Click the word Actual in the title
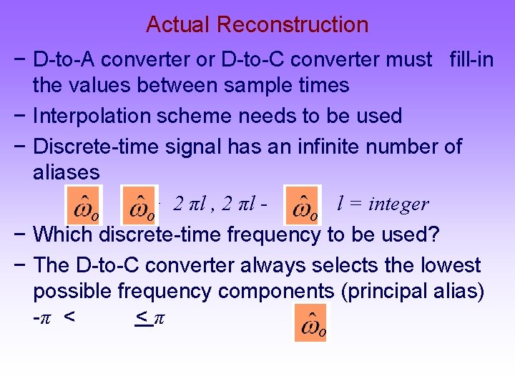click(x=178, y=25)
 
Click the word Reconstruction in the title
click(x=293, y=25)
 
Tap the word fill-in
click(x=471, y=59)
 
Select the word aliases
click(x=66, y=173)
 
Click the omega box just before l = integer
click(x=303, y=204)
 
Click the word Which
click(x=64, y=234)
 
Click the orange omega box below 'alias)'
click(x=310, y=322)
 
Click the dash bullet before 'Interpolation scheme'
click(x=22, y=116)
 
